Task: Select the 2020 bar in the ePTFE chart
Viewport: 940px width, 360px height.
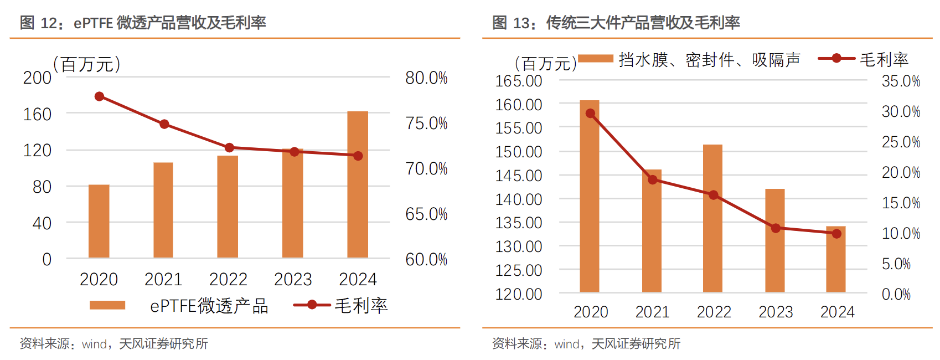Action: coord(99,221)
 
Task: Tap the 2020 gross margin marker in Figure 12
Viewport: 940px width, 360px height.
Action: coord(100,96)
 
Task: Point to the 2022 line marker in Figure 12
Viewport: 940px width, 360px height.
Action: coord(229,148)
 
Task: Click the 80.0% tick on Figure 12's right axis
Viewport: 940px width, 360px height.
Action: coord(426,78)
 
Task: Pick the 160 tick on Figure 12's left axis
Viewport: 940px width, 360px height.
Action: coord(37,114)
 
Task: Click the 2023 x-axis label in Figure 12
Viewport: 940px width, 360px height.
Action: coord(293,279)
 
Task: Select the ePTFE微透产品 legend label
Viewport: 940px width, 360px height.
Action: coord(209,306)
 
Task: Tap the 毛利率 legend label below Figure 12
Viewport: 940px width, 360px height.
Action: coord(361,306)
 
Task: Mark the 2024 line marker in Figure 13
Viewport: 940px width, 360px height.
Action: coord(836,234)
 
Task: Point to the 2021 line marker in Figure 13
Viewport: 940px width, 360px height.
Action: coord(653,179)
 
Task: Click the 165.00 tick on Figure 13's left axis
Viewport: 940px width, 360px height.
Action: coord(519,81)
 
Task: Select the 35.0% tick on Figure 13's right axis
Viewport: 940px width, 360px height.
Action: coord(901,81)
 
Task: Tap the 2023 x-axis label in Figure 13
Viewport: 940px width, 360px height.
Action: coord(776,312)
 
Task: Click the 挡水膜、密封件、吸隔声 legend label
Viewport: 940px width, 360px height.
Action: coord(709,59)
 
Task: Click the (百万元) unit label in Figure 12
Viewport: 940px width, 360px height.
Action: coord(87,64)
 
